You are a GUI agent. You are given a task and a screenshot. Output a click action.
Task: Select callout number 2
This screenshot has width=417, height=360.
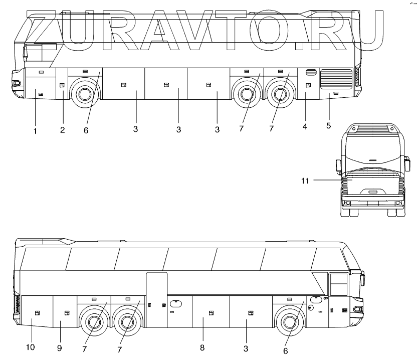(62, 130)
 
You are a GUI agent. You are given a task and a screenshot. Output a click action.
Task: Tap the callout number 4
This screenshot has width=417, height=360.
(305, 126)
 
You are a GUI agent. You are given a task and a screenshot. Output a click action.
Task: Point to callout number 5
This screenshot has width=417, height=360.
(328, 125)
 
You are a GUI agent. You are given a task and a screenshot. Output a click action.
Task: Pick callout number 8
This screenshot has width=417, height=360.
(202, 347)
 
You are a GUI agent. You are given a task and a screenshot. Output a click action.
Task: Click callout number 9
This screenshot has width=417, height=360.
(59, 347)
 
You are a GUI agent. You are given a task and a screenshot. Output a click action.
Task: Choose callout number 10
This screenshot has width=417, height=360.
(31, 347)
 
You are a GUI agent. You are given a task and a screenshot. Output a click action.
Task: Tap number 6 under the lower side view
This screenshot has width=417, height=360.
(285, 350)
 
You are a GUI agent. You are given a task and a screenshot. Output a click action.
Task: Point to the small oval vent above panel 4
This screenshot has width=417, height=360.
(309, 72)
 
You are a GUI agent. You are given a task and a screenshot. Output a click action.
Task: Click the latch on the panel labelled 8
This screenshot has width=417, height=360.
(212, 313)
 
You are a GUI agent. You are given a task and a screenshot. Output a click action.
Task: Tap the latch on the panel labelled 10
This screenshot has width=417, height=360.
(36, 313)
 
